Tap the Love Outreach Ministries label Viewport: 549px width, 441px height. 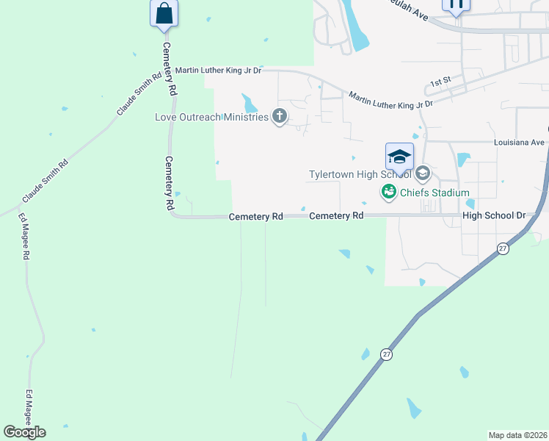tap(211, 117)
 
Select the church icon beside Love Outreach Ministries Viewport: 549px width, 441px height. tap(279, 116)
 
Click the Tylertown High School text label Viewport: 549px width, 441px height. tap(360, 175)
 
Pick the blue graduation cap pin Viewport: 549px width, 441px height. tap(399, 157)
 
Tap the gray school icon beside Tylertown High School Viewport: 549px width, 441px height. tap(422, 173)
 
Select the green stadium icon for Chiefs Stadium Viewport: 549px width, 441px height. tap(388, 193)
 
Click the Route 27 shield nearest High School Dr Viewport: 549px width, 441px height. tap(502, 248)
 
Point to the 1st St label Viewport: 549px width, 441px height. tap(440, 82)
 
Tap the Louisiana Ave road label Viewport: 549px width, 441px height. tap(520, 142)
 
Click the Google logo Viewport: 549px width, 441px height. tap(25, 432)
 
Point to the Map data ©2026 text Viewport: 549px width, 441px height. tap(517, 435)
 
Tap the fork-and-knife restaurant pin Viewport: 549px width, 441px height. tap(455, 4)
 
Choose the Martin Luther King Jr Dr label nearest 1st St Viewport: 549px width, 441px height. tap(390, 100)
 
